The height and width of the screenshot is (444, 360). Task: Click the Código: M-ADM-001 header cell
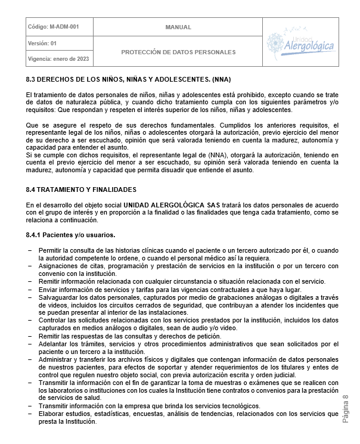click(x=53, y=27)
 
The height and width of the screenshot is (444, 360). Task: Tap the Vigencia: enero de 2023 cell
click(x=58, y=58)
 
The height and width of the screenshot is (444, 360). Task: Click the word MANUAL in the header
click(x=178, y=27)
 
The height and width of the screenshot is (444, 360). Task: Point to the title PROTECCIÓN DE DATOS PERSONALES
click(x=178, y=52)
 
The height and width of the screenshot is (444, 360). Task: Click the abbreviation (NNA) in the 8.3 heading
click(x=220, y=80)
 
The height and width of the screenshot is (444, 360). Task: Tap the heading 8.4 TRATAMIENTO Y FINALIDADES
click(x=81, y=189)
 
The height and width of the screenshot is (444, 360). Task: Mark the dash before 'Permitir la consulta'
click(x=30, y=250)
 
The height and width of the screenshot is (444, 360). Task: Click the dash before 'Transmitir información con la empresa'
click(x=30, y=406)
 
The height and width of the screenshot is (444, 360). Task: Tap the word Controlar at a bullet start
click(x=53, y=320)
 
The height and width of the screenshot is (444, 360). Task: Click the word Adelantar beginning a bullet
click(x=54, y=344)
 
